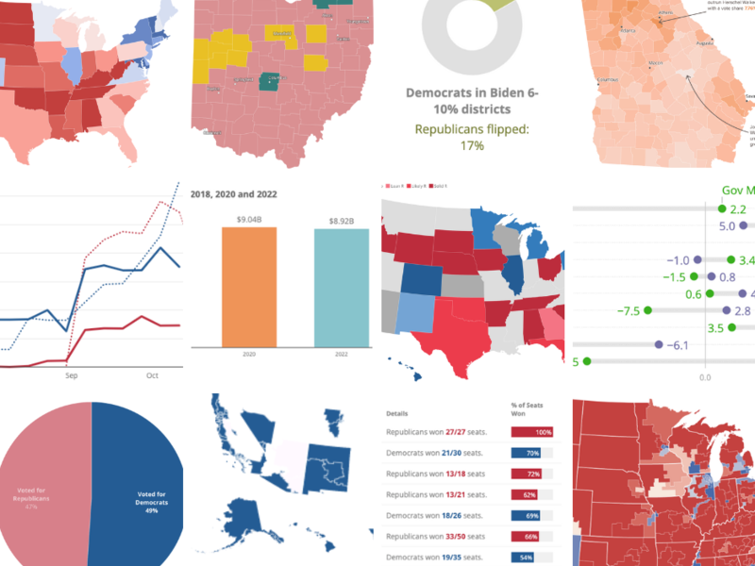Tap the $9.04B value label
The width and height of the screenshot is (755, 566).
pos(249,221)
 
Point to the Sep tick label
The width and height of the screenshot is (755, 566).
pos(71,375)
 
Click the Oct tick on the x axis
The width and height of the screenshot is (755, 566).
pos(153,375)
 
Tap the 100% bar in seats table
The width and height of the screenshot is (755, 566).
pos(532,432)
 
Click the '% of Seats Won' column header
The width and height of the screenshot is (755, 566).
pos(532,408)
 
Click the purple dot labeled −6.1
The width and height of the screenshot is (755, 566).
pos(659,345)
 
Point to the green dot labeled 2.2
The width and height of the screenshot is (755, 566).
pos(722,208)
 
